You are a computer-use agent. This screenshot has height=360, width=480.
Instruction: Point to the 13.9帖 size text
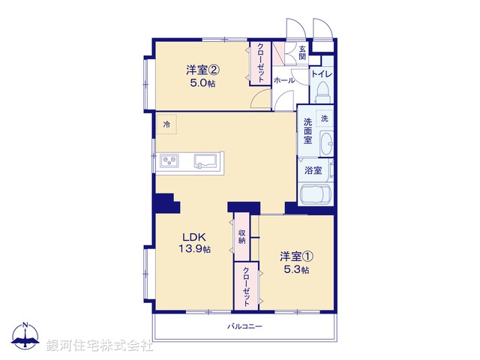click(x=194, y=249)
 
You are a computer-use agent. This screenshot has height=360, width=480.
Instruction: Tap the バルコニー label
click(x=244, y=326)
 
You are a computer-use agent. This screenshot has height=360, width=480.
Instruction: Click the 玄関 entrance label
click(x=302, y=52)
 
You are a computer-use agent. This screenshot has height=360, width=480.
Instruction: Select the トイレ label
click(x=322, y=73)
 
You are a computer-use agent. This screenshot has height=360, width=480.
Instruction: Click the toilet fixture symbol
click(x=323, y=91)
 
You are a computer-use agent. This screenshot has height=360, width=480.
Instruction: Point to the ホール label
click(x=283, y=79)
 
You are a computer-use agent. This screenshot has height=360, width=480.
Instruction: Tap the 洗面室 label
click(x=307, y=130)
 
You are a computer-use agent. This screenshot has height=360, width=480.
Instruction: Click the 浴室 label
click(x=313, y=170)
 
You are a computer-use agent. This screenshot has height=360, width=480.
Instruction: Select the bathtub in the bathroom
click(x=315, y=195)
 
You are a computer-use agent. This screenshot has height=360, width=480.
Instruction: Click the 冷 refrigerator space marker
click(x=166, y=124)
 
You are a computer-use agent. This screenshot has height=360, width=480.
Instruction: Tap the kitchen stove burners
click(x=169, y=160)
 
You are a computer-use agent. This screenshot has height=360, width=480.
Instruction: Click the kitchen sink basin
click(x=205, y=160)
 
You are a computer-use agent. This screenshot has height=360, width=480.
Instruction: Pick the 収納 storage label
click(x=241, y=236)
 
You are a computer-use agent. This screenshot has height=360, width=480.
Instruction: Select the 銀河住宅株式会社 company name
click(x=99, y=346)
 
